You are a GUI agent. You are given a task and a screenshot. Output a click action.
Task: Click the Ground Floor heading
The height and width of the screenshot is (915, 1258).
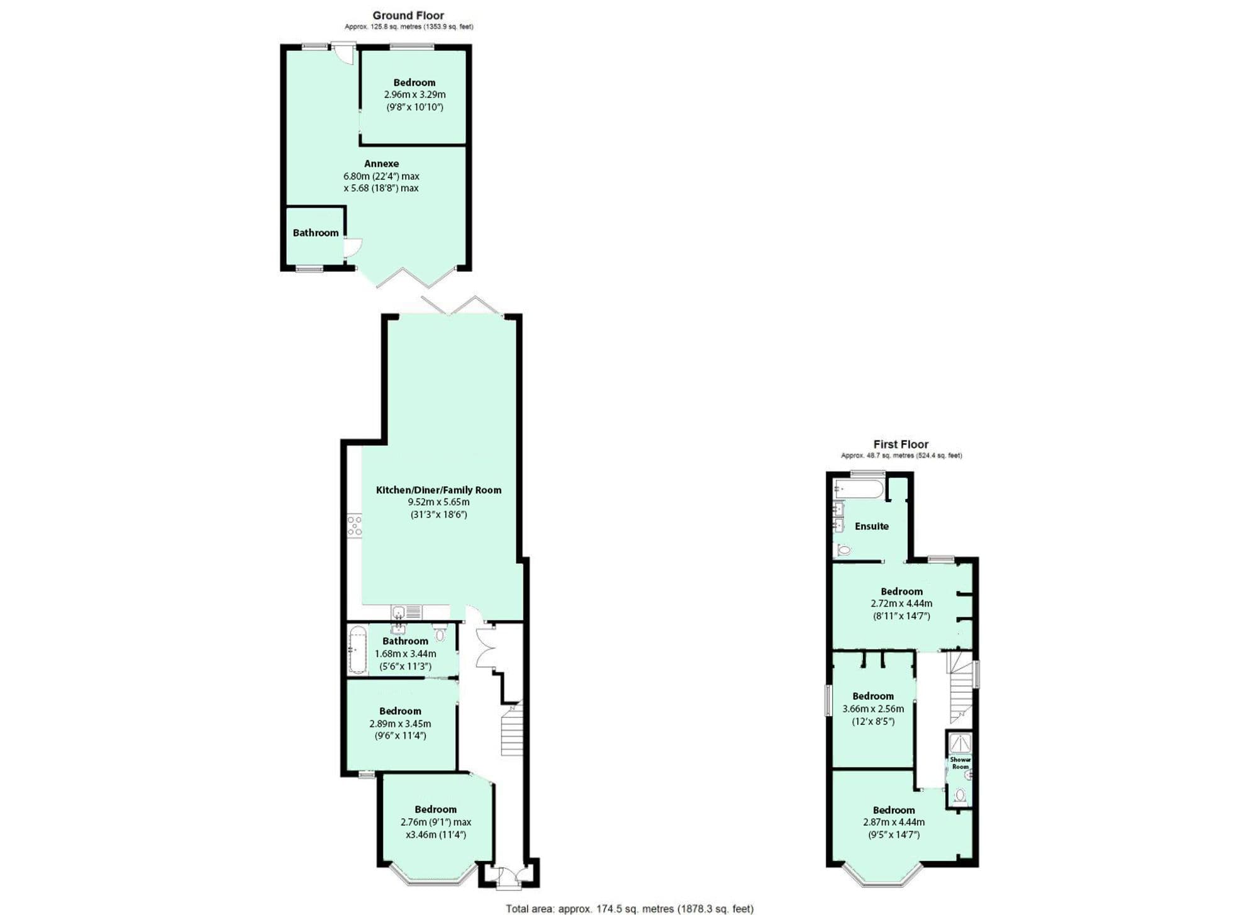click(408, 15)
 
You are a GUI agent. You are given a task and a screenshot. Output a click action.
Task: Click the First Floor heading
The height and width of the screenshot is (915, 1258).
click(901, 444)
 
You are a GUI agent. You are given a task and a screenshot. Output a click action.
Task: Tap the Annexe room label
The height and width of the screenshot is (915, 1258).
click(381, 164)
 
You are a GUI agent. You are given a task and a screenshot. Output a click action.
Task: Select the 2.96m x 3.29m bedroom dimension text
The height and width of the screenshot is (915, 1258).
click(415, 94)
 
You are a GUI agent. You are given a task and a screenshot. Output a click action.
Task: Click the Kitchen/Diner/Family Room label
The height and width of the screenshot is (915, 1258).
click(438, 490)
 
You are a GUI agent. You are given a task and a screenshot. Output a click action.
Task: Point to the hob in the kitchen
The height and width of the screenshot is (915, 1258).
click(355, 526)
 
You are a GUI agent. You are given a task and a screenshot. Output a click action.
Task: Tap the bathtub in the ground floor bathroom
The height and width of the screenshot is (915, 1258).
click(357, 650)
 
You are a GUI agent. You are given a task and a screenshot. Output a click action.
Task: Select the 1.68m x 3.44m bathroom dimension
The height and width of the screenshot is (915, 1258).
click(405, 654)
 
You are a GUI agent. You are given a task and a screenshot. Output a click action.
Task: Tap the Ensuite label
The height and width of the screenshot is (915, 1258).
click(871, 526)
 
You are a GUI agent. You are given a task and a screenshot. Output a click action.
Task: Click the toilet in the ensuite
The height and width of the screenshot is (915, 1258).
click(843, 551)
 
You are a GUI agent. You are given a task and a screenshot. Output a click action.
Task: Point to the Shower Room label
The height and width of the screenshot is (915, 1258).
click(960, 763)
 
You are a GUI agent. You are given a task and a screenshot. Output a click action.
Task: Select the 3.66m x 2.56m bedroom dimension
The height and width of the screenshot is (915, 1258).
click(873, 709)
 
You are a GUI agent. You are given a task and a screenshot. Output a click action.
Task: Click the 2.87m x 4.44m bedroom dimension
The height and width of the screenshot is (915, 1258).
click(894, 822)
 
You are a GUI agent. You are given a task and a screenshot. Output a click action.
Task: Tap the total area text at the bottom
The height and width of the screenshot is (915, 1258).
click(630, 908)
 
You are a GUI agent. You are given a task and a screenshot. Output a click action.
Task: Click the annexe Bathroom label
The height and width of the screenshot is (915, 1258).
click(315, 233)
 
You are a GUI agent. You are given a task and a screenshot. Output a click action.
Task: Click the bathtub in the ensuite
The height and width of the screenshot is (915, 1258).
click(859, 488)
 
